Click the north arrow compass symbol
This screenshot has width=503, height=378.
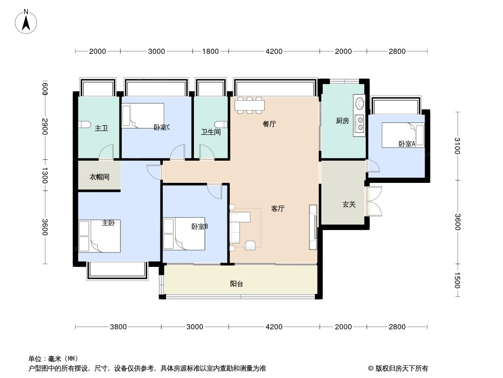coord(26,22)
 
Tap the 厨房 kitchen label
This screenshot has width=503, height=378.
coord(342,121)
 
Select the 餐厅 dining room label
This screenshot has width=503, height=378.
coord(269,124)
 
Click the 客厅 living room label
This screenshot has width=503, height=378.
coord(278,209)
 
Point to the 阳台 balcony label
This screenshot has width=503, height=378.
coord(236,284)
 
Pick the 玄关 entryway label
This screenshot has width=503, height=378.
coord(349,204)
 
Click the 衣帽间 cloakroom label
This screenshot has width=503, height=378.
coord(100,177)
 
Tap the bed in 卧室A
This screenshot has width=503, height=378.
coord(403,135)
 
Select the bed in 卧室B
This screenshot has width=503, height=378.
coord(184,234)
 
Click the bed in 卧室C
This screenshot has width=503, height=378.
coord(143,116)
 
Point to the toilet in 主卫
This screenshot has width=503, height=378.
coord(84,124)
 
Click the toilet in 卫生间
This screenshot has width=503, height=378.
coord(222,124)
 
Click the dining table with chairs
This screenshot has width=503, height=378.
coord(250,105)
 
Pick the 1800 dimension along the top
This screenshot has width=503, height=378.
coord(210,52)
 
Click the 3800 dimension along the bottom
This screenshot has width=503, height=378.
coord(118,327)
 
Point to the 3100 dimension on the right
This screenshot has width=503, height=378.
coord(458,146)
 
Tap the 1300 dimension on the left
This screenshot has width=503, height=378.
coord(44,175)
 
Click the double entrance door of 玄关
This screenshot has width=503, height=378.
coord(374,201)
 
